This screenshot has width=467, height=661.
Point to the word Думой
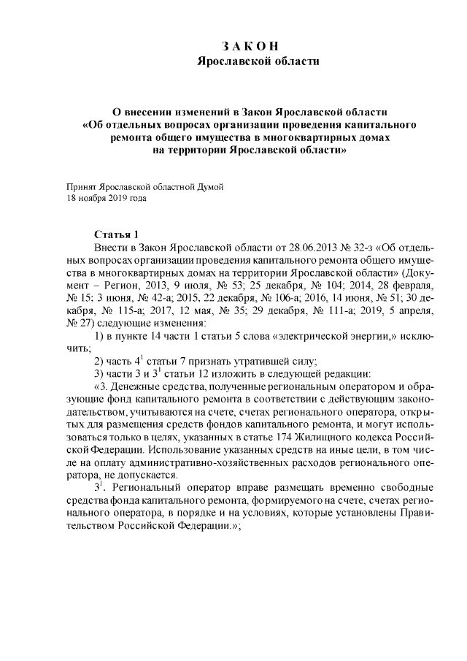coord(208,186)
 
